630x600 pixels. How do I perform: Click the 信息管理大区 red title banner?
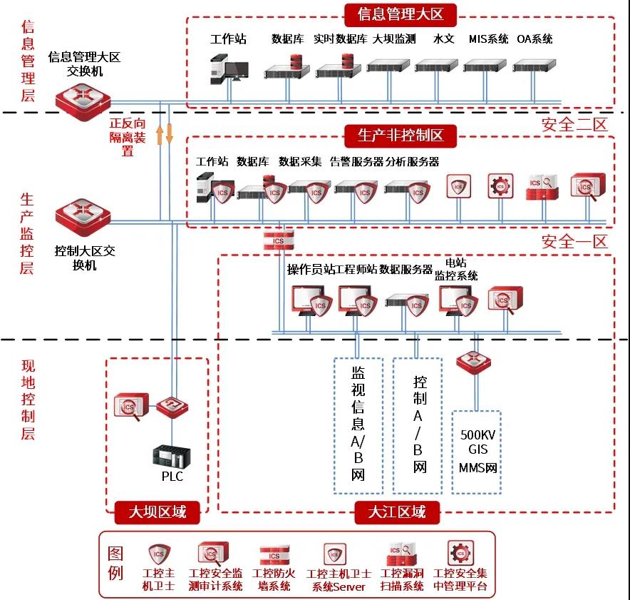(x=400, y=14)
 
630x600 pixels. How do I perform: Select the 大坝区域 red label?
(x=157, y=512)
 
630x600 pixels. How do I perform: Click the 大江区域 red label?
(x=397, y=512)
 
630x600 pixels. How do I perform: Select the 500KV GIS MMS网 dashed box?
(x=477, y=452)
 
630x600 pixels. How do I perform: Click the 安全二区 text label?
(x=574, y=124)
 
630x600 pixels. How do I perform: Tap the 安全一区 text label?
(x=574, y=242)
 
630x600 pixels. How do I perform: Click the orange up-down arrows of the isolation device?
(x=165, y=133)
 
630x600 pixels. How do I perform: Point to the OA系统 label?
(x=535, y=39)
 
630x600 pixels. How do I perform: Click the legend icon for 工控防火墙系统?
(x=274, y=556)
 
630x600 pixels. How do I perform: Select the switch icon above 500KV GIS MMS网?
(x=474, y=363)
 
